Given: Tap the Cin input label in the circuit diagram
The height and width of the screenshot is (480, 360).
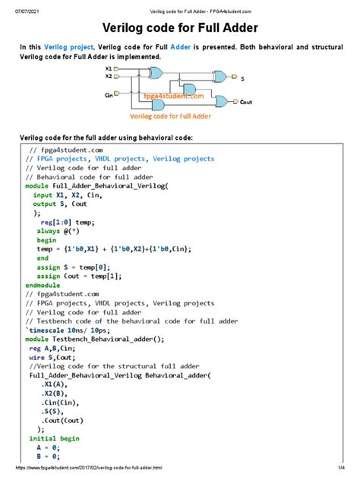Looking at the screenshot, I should tap(109, 95).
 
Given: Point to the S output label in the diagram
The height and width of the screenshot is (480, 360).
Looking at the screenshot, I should tap(242, 78).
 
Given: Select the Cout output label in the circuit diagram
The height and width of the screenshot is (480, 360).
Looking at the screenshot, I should tap(247, 102).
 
